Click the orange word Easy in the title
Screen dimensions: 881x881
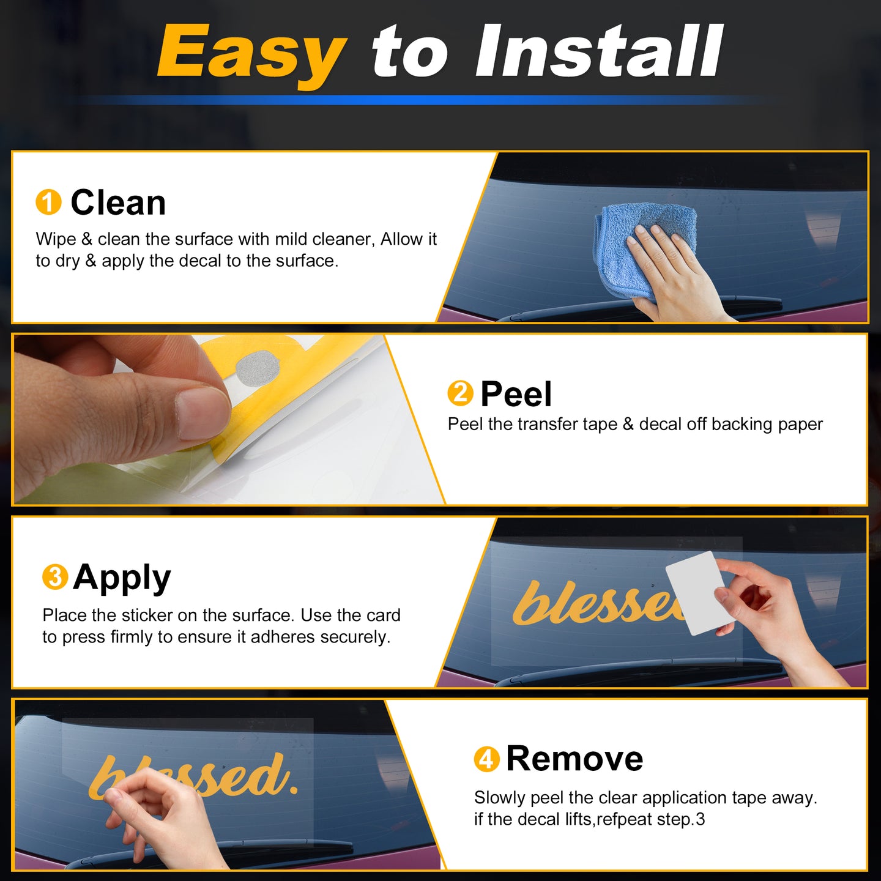[x=252, y=55]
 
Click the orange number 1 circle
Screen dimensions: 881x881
[x=48, y=202]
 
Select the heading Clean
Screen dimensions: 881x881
[x=118, y=203]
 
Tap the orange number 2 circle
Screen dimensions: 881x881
[x=461, y=393]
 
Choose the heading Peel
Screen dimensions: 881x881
[x=516, y=393]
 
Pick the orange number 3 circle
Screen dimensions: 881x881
[x=55, y=576]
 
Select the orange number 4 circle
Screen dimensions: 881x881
[x=486, y=759]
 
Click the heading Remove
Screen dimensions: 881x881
[x=574, y=759]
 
